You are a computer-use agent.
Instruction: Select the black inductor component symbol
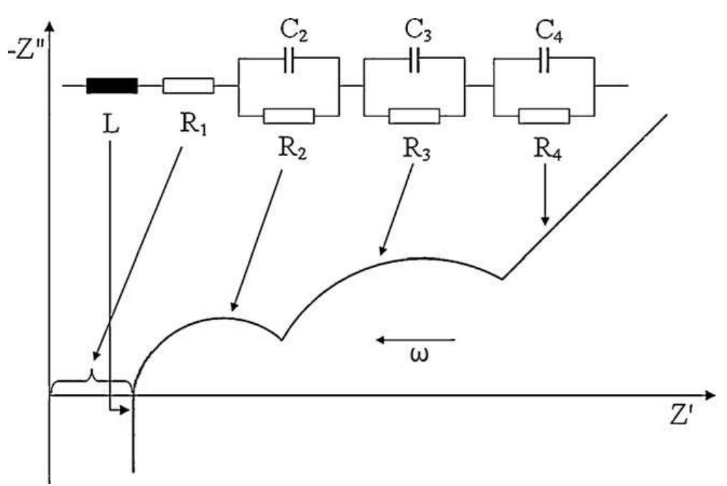(111, 86)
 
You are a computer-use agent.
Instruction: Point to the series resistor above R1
(188, 86)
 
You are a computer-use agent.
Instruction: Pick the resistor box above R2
(289, 115)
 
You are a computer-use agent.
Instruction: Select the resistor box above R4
(544, 115)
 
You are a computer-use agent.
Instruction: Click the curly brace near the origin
(91, 380)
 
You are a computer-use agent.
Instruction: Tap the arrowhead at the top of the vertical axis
(50, 27)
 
